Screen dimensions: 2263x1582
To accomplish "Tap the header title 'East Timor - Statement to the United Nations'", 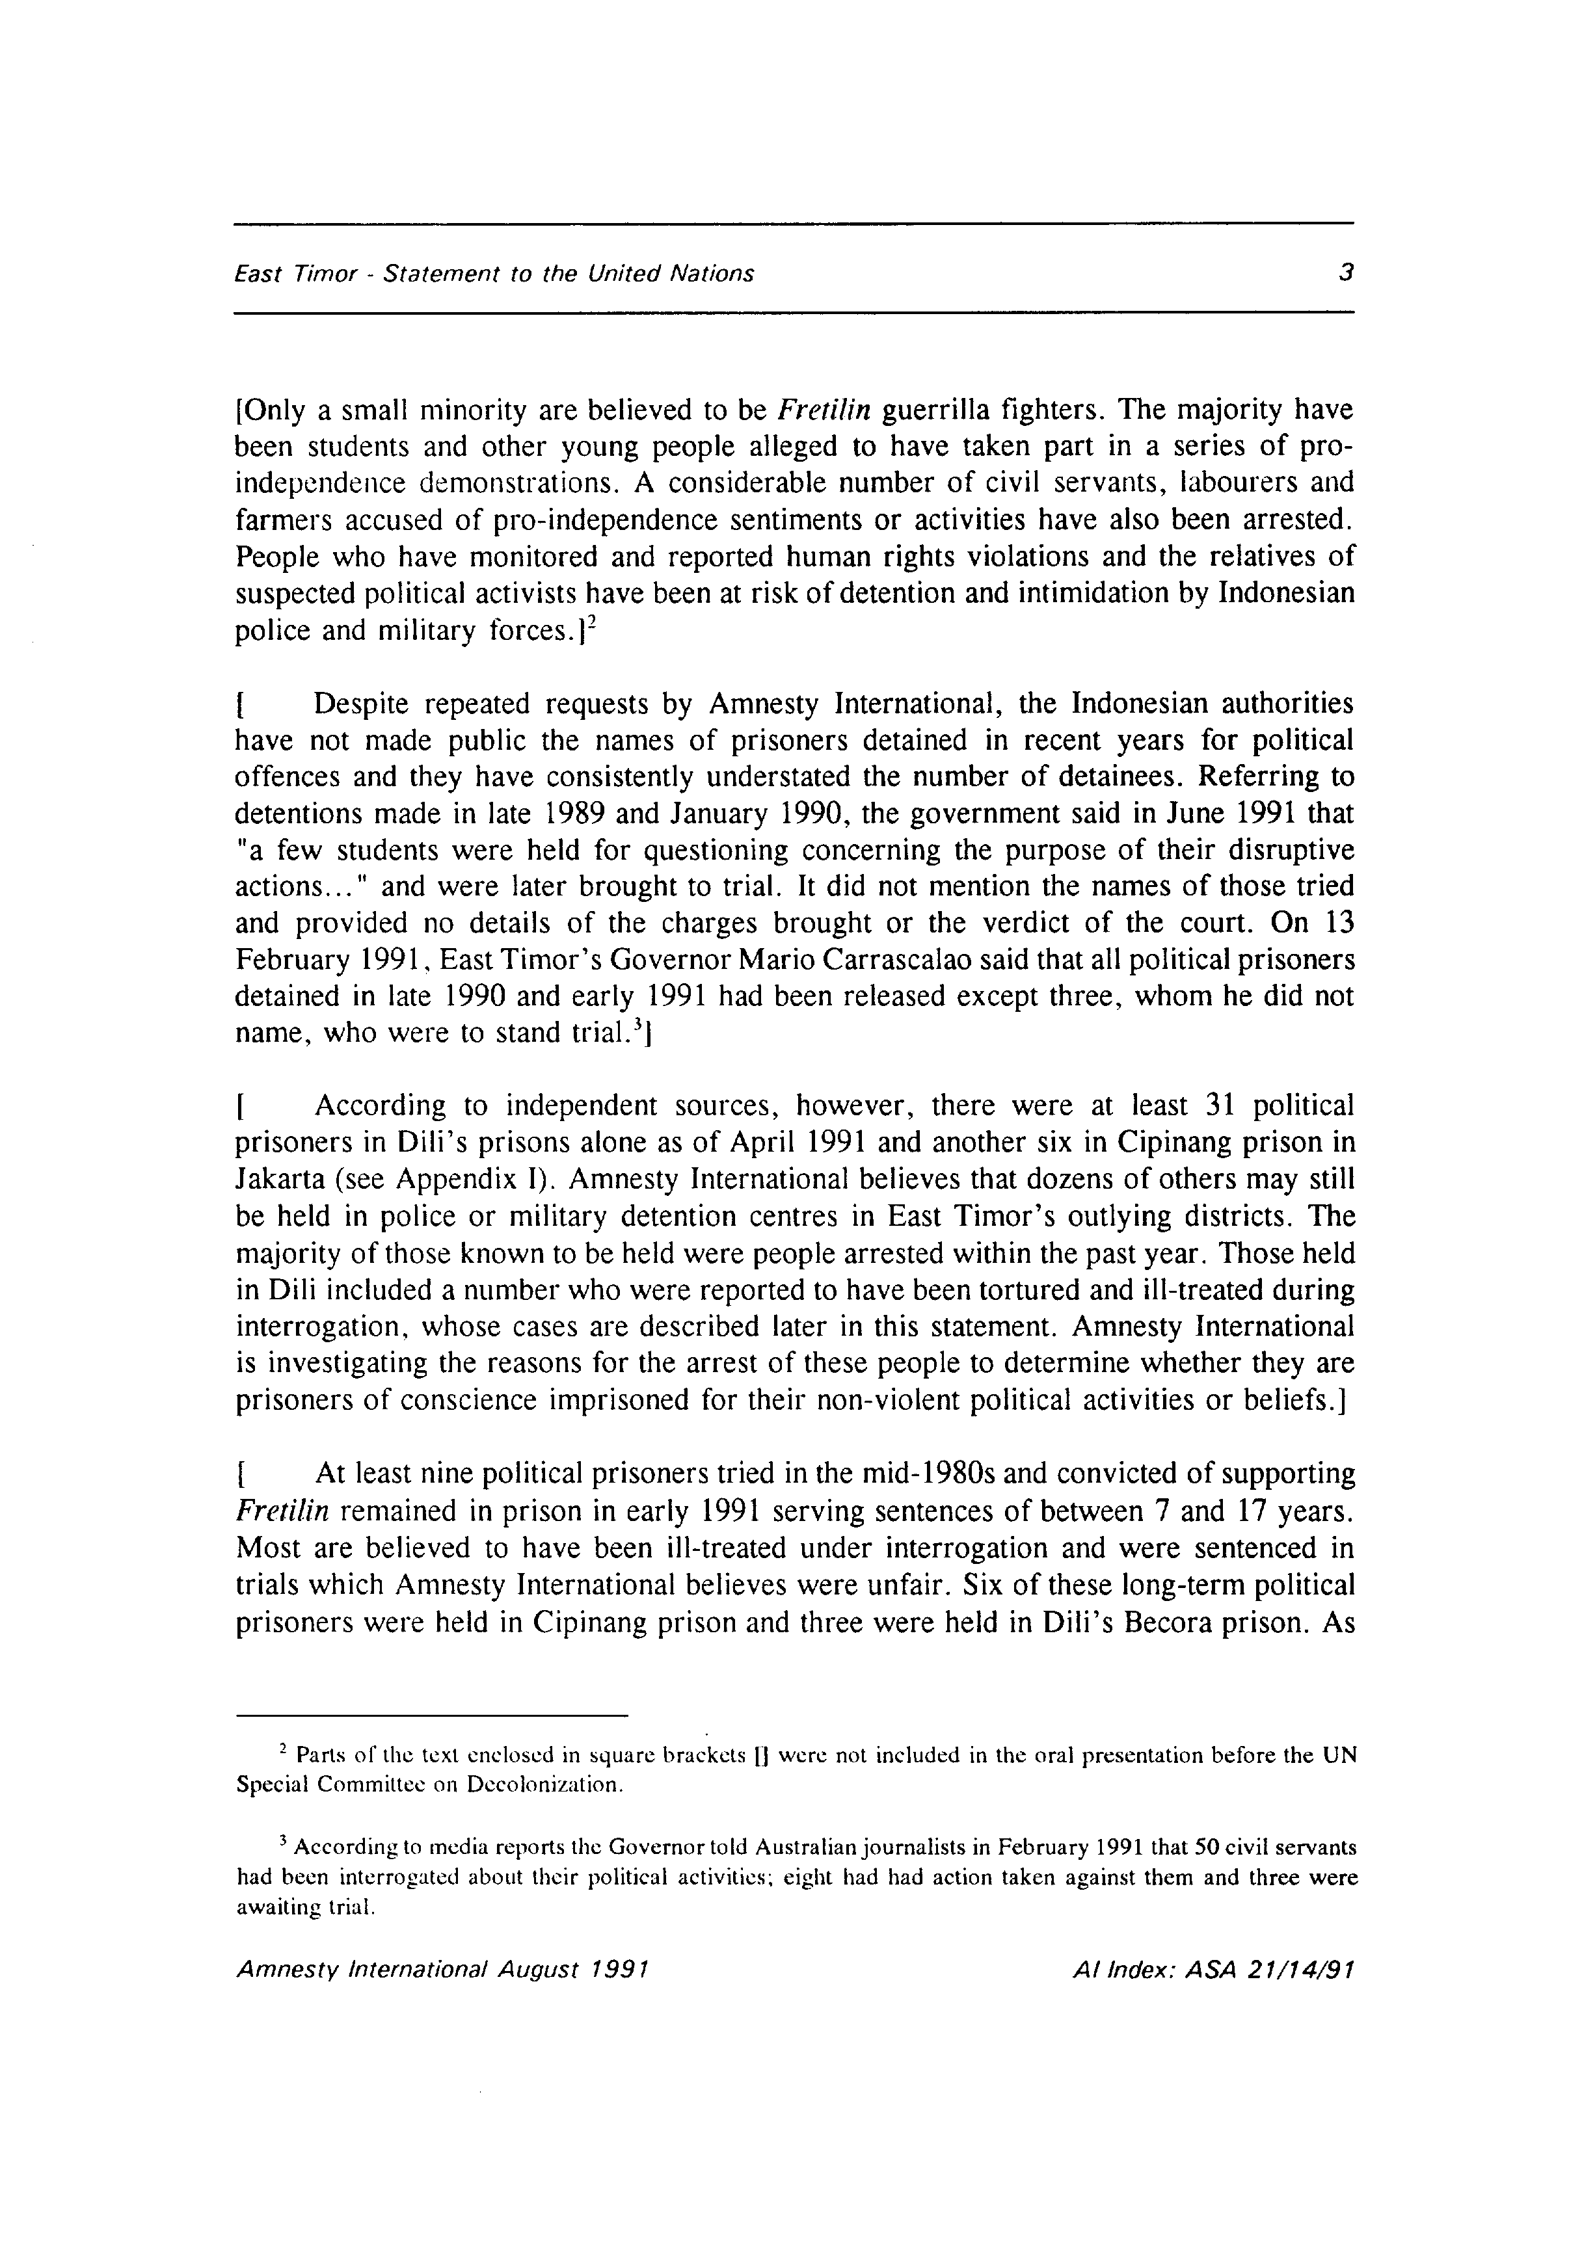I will pos(494,274).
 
